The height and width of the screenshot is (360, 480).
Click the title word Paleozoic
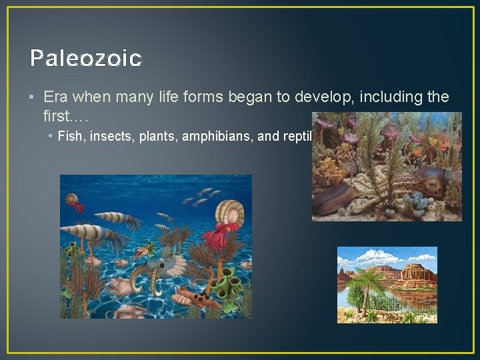coord(86,59)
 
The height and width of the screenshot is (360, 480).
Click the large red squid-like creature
coord(220,237)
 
